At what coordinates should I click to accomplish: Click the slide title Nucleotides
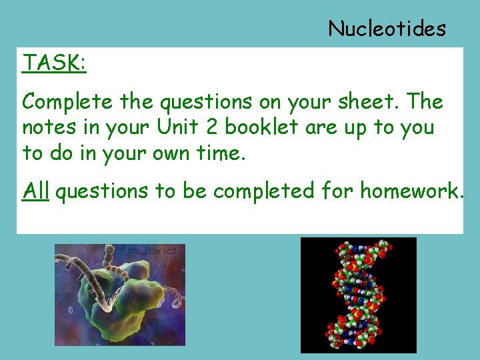click(387, 28)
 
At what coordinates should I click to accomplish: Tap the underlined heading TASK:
click(54, 63)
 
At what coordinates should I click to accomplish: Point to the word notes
click(47, 127)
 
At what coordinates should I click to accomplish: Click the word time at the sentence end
click(221, 153)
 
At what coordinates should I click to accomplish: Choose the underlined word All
click(36, 191)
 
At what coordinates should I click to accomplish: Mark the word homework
click(411, 191)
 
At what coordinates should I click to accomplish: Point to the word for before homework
click(337, 191)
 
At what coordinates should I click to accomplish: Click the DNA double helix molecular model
click(358, 295)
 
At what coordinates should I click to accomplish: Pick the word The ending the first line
click(424, 102)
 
